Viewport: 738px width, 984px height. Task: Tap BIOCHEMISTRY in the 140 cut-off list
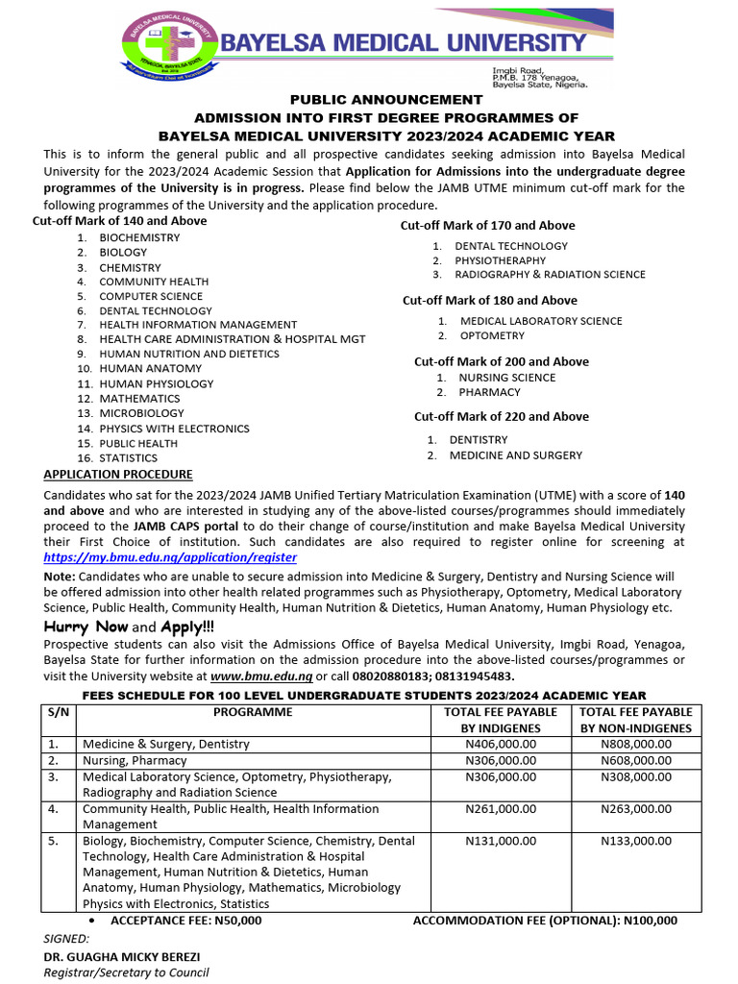(x=139, y=237)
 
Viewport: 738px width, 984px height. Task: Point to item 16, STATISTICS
(x=128, y=458)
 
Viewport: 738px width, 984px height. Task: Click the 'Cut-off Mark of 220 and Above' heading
(x=501, y=416)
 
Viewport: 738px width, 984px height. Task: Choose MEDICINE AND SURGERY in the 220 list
(x=515, y=455)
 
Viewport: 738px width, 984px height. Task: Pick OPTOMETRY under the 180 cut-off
(x=492, y=336)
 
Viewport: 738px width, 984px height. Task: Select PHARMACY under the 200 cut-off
(x=489, y=392)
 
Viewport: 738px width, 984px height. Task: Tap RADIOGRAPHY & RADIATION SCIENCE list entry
(x=550, y=275)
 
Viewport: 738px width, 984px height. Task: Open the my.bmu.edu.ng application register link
(x=170, y=557)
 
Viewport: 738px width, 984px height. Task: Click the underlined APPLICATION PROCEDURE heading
(x=118, y=475)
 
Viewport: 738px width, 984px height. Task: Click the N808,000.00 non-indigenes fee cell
(x=635, y=744)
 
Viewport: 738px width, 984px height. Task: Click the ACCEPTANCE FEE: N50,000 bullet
(x=185, y=921)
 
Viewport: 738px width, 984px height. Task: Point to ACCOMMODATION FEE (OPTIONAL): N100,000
(x=545, y=921)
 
